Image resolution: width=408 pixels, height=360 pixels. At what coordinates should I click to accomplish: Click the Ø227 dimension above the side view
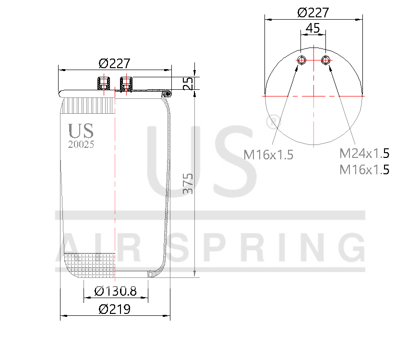(x=114, y=63)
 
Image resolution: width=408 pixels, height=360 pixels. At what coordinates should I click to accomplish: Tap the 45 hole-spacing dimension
(x=313, y=28)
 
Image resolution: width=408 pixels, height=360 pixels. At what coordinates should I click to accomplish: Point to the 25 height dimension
(x=188, y=84)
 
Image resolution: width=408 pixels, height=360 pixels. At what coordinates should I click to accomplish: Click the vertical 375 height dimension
(x=188, y=183)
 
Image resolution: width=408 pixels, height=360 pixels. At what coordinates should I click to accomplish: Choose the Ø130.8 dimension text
(x=116, y=291)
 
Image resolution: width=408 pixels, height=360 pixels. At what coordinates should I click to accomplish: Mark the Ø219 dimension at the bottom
(x=115, y=310)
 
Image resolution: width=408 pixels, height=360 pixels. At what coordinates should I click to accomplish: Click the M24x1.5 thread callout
(x=364, y=154)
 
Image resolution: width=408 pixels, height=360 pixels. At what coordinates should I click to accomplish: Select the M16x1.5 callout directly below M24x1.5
(x=364, y=169)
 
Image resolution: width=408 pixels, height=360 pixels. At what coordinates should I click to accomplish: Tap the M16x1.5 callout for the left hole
(x=268, y=155)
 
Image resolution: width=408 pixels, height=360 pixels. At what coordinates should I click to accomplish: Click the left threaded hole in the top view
(x=302, y=60)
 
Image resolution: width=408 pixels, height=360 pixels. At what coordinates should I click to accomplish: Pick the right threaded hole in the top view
(x=326, y=60)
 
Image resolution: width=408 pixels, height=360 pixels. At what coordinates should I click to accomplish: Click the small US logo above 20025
(x=81, y=131)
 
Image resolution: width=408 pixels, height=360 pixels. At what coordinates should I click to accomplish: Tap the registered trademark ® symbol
(x=272, y=122)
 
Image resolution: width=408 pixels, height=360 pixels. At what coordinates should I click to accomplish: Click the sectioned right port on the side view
(x=127, y=84)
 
